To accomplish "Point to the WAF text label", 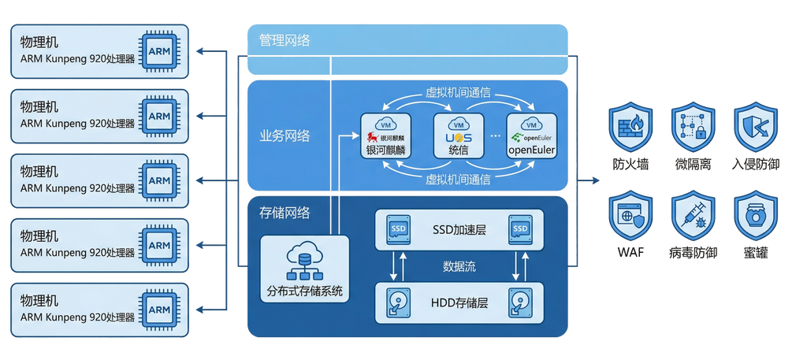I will (x=630, y=254).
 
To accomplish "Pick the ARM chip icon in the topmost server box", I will (x=159, y=51).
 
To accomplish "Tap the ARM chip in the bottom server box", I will (x=159, y=310).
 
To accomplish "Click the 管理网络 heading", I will (x=284, y=40).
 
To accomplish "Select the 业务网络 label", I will (x=284, y=136).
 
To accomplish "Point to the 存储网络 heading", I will (x=284, y=213).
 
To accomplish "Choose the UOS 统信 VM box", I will (x=459, y=136).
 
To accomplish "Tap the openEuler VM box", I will (x=531, y=136).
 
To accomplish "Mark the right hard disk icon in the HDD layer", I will (x=519, y=303).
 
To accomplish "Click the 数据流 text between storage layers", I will (x=459, y=266).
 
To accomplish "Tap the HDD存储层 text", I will (x=459, y=303).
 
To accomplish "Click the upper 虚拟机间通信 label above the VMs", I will (x=458, y=92).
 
